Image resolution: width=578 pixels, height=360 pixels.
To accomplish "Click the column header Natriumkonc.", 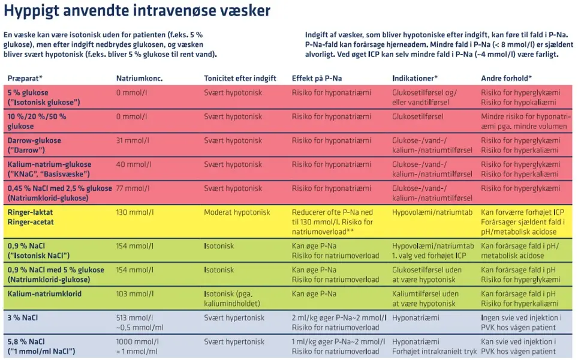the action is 139,78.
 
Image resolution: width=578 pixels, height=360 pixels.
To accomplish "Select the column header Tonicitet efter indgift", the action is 240,78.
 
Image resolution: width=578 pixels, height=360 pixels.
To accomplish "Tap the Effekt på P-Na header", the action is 317,78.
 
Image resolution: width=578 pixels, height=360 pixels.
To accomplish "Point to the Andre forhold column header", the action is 506,78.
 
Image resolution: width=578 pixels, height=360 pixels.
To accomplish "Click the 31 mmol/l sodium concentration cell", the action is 133,140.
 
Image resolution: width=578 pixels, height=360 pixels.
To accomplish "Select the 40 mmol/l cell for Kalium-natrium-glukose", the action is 134,164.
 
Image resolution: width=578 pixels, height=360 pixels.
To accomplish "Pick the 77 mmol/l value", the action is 133,188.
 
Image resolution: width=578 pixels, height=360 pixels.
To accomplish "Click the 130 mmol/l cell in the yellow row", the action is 134,212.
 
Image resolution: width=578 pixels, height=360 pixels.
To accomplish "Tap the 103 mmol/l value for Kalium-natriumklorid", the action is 134,294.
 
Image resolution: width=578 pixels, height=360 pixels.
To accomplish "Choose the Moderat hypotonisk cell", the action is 237,212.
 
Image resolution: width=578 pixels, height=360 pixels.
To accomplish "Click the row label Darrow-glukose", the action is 34,140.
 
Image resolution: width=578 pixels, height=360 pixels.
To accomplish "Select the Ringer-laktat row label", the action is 30,212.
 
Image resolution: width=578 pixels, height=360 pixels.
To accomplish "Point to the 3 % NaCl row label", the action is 23,317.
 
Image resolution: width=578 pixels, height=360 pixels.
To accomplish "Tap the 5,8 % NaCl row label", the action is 25,341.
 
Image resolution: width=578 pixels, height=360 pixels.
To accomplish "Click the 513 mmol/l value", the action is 134,317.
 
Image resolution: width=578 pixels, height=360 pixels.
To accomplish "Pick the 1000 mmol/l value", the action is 137,341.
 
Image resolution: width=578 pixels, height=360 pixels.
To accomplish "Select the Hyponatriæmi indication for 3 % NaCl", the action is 416,317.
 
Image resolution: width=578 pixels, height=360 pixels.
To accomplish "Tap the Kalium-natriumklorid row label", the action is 44,294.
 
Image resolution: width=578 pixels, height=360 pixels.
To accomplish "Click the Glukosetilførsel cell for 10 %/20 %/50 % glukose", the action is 418,116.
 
